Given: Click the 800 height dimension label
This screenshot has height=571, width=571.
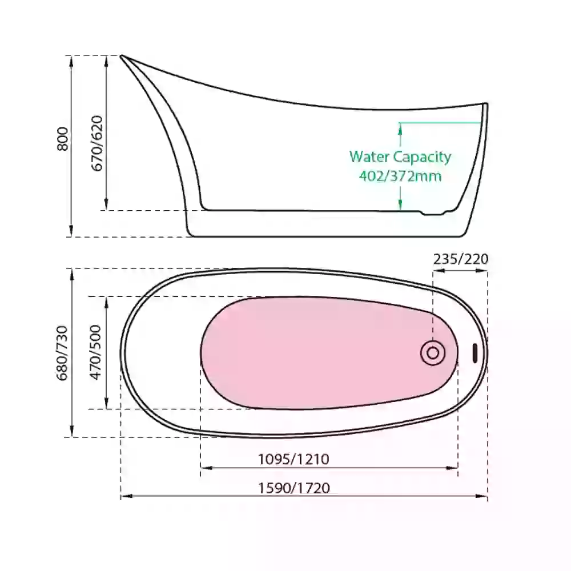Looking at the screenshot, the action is pos(63,139).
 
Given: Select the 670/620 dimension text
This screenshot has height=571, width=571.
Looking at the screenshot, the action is pos(97,143).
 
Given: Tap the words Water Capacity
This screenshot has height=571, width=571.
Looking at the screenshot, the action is pos(400,157).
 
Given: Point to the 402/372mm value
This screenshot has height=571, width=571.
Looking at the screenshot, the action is pos(400,176).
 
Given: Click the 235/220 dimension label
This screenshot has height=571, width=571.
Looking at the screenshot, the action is pos(461,259).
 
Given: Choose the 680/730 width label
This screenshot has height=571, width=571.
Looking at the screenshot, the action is pos(62,353).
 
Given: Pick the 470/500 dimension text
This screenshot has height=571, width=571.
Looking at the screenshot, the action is pos(95,352).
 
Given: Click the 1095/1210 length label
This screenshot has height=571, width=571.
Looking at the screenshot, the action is pos(293,459).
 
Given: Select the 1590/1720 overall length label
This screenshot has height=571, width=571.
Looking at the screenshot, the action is pos(294,488).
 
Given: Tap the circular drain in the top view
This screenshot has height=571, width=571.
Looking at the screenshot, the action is pos(433,353).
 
